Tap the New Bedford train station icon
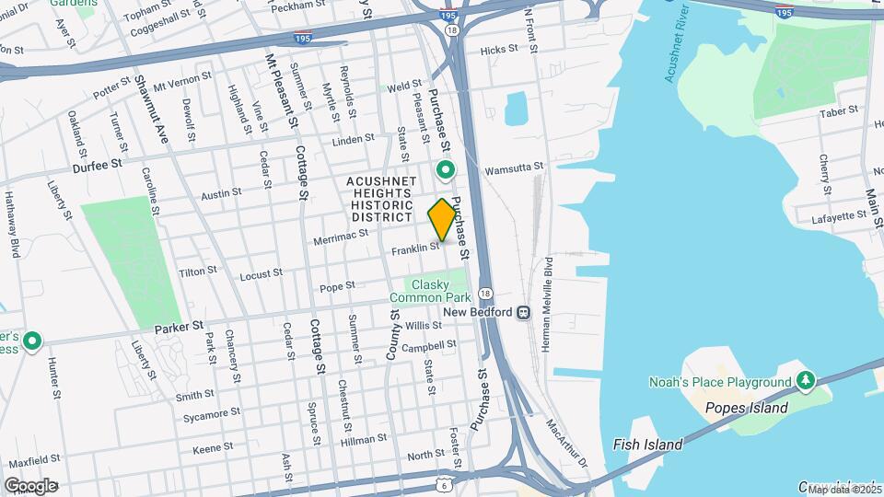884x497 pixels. click(523, 312)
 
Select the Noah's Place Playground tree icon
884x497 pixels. click(806, 381)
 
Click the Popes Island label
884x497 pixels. click(746, 408)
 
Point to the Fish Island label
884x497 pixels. click(647, 445)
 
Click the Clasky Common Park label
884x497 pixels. click(429, 291)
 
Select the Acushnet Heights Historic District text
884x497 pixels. click(381, 199)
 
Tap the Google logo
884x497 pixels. click(30, 485)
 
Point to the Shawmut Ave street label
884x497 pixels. click(151, 110)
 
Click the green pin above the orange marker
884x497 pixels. click(447, 170)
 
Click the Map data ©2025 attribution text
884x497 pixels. click(839, 490)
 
